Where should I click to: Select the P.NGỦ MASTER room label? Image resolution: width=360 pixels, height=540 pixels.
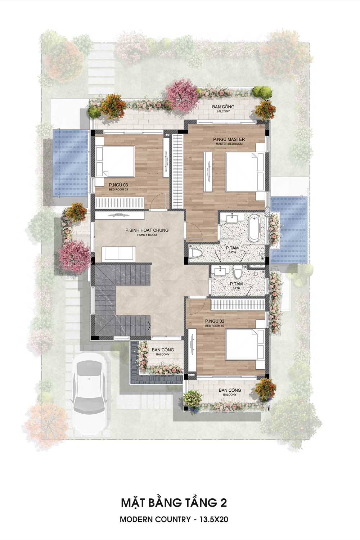(229, 139)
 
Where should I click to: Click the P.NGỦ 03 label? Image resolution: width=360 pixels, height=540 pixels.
(118, 185)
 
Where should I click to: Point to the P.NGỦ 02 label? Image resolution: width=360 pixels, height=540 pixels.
(215, 321)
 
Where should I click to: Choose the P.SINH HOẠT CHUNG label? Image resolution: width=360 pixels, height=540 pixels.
(147, 230)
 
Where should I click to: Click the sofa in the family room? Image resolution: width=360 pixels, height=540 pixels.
(119, 253)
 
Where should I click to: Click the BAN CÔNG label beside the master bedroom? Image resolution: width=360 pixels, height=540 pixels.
(223, 107)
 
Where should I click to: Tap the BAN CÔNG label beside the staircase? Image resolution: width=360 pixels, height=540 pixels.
(163, 350)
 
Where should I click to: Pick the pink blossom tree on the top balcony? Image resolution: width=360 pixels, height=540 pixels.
(182, 93)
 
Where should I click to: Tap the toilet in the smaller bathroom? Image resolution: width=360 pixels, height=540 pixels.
(238, 273)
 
